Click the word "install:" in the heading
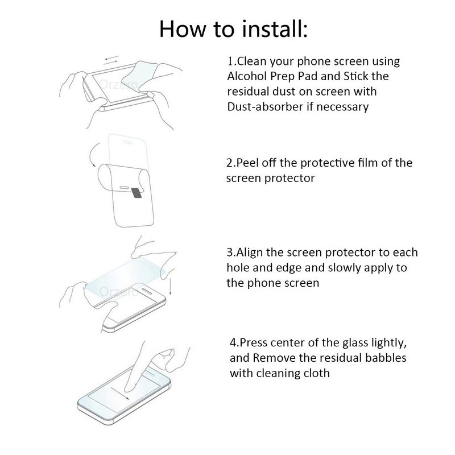click(x=267, y=28)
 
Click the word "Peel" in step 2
click(x=247, y=163)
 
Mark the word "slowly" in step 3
click(x=348, y=267)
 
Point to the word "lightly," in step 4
click(x=384, y=343)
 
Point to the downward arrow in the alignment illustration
click(x=171, y=284)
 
